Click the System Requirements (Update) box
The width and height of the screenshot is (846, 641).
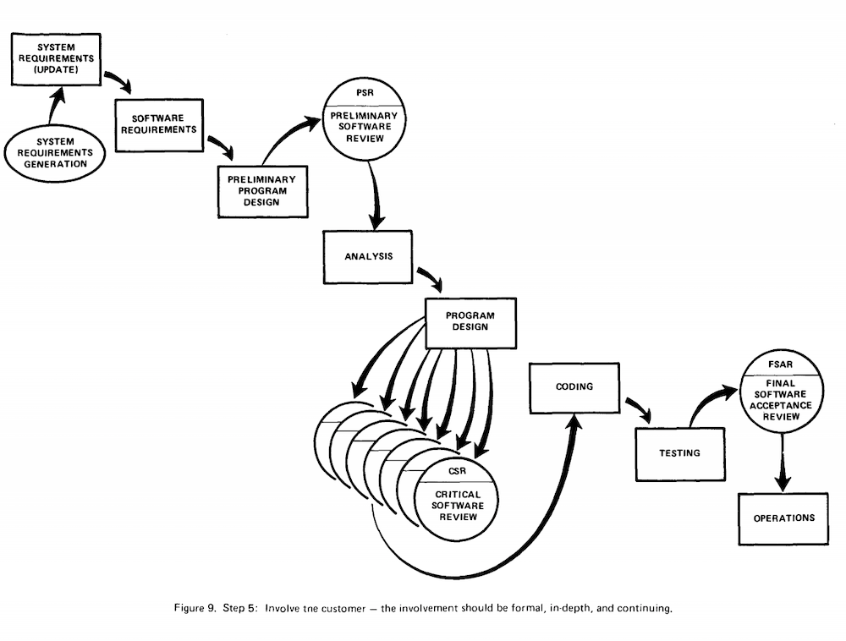tap(56, 59)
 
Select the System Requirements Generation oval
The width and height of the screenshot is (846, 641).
tap(55, 153)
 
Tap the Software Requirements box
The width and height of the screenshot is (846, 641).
tap(159, 125)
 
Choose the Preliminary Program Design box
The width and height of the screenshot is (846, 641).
tap(263, 191)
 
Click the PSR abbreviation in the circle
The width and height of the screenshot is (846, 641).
tap(365, 93)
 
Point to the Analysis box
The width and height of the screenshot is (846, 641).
tap(368, 257)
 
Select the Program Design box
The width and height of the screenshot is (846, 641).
tap(470, 323)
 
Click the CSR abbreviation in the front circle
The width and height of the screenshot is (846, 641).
tap(457, 471)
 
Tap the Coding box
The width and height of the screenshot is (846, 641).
tap(574, 388)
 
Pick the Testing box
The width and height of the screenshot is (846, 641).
tap(680, 454)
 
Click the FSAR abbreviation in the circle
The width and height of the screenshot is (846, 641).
tap(781, 364)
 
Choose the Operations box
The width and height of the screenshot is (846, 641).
tap(783, 518)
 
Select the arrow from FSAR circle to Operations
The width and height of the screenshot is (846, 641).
tap(783, 463)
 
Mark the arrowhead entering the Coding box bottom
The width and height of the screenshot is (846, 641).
tap(575, 422)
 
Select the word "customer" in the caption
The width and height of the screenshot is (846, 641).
tap(343, 609)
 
